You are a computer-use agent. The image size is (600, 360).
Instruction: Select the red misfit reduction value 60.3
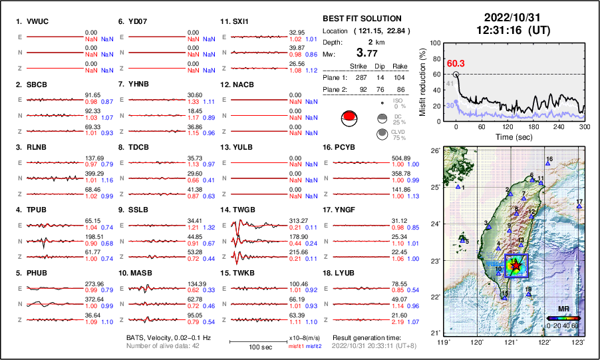(x=456, y=63)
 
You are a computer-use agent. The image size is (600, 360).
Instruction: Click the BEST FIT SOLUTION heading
(x=361, y=19)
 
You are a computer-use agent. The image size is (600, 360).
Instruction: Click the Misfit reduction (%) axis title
(x=423, y=80)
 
